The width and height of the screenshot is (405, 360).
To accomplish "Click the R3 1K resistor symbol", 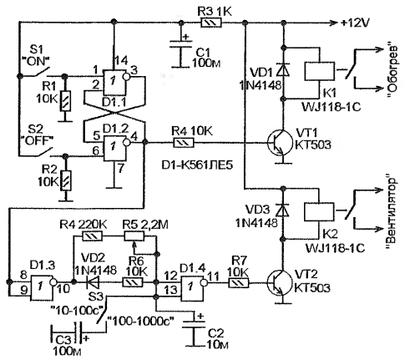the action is pyautogui.click(x=211, y=23).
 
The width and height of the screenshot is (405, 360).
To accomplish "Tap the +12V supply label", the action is pyautogui.click(x=355, y=23).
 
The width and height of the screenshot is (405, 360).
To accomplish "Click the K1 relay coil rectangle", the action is pyautogui.click(x=320, y=72).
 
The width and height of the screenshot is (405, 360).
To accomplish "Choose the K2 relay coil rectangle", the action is pyautogui.click(x=320, y=211).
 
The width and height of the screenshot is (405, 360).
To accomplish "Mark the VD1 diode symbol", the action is pyautogui.click(x=283, y=70).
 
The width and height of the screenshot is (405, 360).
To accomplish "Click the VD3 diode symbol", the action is pyautogui.click(x=282, y=210).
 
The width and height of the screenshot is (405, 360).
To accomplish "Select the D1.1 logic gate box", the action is pyautogui.click(x=114, y=82).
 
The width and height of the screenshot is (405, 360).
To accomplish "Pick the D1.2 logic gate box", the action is pyautogui.click(x=114, y=149).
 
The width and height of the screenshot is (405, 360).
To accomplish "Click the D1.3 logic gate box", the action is pyautogui.click(x=42, y=287).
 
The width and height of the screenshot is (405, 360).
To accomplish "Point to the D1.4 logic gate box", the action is pyautogui.click(x=192, y=288).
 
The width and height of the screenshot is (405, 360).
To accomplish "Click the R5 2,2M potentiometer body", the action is pyautogui.click(x=134, y=236).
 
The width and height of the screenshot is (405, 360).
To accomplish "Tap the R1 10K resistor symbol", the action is pyautogui.click(x=66, y=101).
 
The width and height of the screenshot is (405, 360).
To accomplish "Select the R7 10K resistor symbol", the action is pyautogui.click(x=239, y=283).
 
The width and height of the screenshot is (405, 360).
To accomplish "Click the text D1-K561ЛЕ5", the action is pyautogui.click(x=197, y=165).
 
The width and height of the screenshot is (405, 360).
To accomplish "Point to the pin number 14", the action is pyautogui.click(x=120, y=60).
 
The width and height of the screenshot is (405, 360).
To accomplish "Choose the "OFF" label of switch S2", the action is pyautogui.click(x=38, y=140).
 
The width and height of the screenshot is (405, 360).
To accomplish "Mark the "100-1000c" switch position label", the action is pyautogui.click(x=141, y=322).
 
